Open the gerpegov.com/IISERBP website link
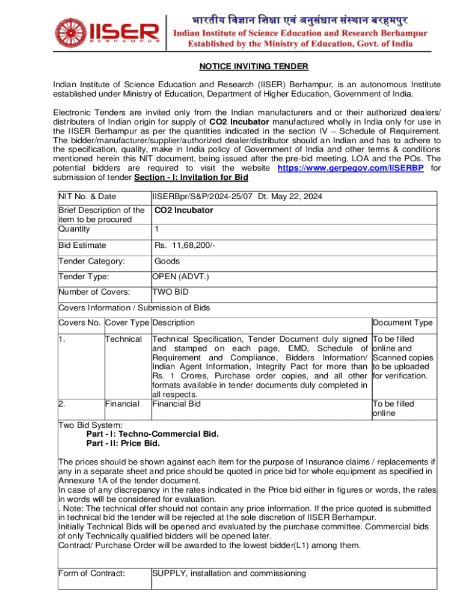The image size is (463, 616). click(350, 168)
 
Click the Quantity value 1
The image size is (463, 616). click(157, 229)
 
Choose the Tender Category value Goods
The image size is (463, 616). click(167, 261)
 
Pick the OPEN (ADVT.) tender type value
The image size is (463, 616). click(180, 277)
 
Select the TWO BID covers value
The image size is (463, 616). click(171, 292)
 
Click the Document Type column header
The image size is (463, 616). click(402, 323)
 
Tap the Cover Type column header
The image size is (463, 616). click(127, 323)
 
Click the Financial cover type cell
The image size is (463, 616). click(123, 404)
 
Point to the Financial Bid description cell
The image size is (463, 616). click(176, 404)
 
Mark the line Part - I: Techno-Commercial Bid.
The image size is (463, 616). click(153, 433)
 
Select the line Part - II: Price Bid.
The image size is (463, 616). click(123, 443)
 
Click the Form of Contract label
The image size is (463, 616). click(91, 573)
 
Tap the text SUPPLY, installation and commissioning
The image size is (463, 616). click(229, 573)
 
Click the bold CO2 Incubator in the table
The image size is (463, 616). click(183, 211)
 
